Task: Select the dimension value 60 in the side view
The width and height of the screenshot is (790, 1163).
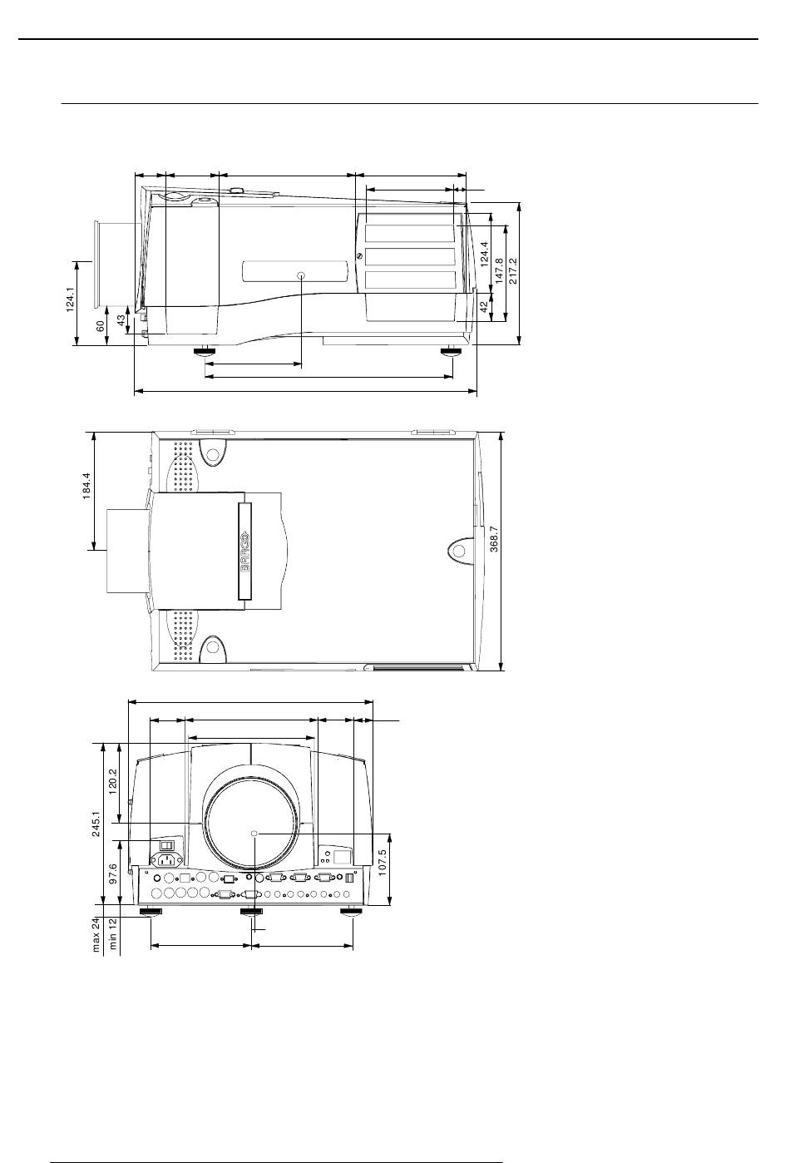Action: click(101, 326)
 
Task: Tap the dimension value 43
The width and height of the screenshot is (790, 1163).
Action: click(121, 320)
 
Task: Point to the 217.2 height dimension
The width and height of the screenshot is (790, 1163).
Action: click(513, 271)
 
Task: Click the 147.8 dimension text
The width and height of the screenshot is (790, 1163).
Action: click(499, 271)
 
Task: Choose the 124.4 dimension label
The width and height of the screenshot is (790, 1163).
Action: click(484, 255)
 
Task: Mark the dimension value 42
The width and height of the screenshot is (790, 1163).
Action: click(484, 307)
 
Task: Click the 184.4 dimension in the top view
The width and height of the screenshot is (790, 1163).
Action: click(86, 486)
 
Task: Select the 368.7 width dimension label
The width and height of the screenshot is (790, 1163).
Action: click(494, 539)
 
